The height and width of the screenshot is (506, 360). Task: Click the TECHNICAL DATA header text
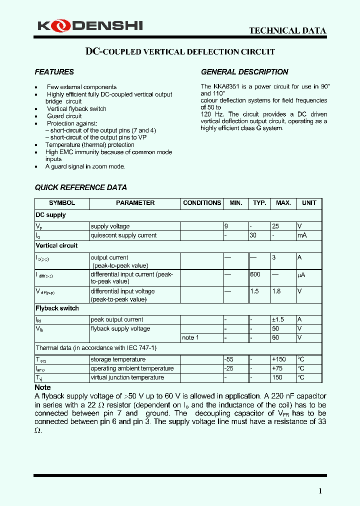coord(287,30)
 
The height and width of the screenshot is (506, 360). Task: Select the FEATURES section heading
coord(54,72)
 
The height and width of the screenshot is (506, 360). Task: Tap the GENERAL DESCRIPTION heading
coord(244,72)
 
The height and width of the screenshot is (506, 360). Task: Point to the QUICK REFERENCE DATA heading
coord(80,187)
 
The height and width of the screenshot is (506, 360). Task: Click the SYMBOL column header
coord(62,203)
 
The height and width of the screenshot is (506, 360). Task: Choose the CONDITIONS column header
coord(201,203)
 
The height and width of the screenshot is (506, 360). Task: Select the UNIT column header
coord(309,203)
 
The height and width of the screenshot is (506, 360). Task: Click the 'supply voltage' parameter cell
coord(110,226)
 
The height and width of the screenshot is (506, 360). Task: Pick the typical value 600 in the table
coord(255,274)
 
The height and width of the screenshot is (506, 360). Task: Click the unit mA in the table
coord(301,235)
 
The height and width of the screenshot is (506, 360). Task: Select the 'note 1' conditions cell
coord(190,338)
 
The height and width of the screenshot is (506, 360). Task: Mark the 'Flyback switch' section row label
coord(57,308)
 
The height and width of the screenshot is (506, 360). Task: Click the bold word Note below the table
coord(42,387)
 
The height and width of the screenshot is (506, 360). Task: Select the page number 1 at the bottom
coord(320,491)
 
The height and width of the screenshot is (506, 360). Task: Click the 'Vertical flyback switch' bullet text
coord(76,109)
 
